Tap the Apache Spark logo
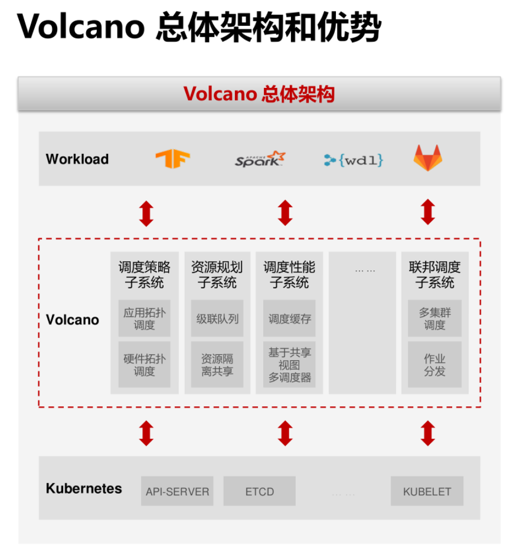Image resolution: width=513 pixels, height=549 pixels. click(x=260, y=159)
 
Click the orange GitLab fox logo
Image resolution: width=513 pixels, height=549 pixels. click(x=428, y=159)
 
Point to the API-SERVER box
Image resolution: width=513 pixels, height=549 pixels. click(x=177, y=491)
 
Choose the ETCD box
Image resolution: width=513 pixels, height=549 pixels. click(x=259, y=491)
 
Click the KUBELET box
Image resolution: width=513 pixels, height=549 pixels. click(x=427, y=491)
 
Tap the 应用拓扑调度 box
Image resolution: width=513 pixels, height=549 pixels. click(x=144, y=318)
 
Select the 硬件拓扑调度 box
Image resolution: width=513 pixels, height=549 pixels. click(x=144, y=365)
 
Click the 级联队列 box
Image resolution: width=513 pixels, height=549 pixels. click(x=217, y=318)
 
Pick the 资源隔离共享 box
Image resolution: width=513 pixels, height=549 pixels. click(x=217, y=365)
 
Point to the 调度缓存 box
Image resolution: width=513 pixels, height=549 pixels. click(x=289, y=318)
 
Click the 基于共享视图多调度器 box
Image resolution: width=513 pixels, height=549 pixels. click(x=289, y=365)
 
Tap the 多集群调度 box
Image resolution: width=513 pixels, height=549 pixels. click(x=434, y=318)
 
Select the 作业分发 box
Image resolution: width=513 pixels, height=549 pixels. click(x=434, y=365)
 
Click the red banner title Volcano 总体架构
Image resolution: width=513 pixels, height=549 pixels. click(x=259, y=94)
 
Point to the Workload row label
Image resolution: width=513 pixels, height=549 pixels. click(x=77, y=159)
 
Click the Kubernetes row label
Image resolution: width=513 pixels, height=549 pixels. click(x=84, y=489)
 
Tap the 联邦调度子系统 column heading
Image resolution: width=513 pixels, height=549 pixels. click(x=434, y=275)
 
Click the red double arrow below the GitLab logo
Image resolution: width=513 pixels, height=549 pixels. click(x=428, y=212)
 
